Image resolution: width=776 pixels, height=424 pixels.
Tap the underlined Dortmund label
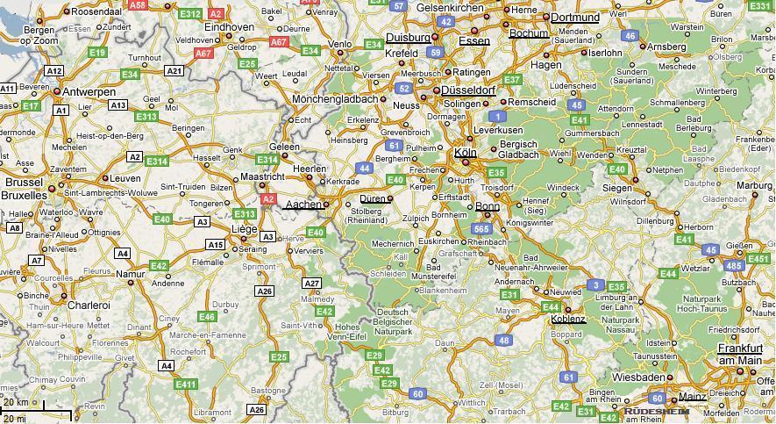click(575, 17)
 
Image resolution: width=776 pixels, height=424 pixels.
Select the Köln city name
click(465, 153)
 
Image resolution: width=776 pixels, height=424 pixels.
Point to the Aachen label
click(303, 205)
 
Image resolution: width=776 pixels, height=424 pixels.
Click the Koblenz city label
click(568, 320)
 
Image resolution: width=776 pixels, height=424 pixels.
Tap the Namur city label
click(130, 274)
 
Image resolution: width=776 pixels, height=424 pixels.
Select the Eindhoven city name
click(229, 27)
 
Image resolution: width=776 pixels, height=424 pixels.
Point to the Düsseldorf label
click(468, 90)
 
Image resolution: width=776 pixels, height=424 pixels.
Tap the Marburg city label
click(753, 185)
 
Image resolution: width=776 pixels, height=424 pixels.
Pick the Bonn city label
click(488, 207)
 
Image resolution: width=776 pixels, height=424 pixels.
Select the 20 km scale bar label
click(16, 402)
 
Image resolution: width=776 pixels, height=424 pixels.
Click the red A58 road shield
click(138, 5)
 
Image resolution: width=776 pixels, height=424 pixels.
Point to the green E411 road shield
click(186, 384)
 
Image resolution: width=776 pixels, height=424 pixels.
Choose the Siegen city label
click(616, 188)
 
